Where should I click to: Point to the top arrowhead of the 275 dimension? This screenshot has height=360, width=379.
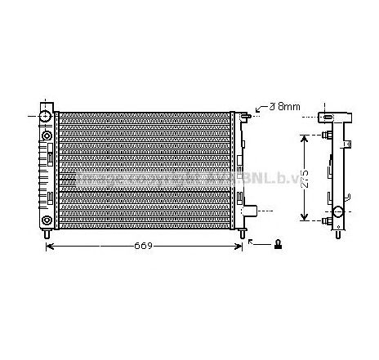[x=305, y=137]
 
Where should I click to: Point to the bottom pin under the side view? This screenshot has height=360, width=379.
[x=337, y=234]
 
